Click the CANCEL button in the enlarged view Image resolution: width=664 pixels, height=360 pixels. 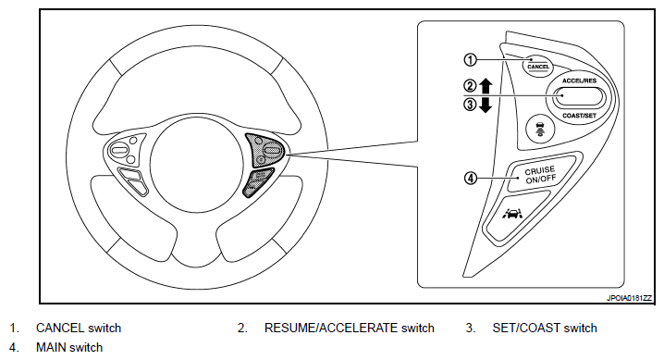pyautogui.click(x=538, y=67)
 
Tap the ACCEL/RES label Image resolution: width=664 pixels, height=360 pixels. pyautogui.click(x=579, y=81)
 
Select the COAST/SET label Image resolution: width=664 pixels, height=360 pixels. pyautogui.click(x=579, y=115)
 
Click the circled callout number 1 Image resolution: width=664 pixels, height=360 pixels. pyautogui.click(x=470, y=60)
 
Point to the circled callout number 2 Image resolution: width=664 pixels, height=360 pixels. pyautogui.click(x=470, y=86)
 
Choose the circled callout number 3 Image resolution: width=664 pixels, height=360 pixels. pyautogui.click(x=470, y=105)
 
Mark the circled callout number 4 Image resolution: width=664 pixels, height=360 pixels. pyautogui.click(x=471, y=178)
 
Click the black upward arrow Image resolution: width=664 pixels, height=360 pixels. pyautogui.click(x=486, y=86)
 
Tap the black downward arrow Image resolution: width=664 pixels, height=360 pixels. pyautogui.click(x=486, y=105)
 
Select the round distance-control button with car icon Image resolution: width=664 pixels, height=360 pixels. pyautogui.click(x=539, y=129)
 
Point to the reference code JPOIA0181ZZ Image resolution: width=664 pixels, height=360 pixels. pyautogui.click(x=629, y=298)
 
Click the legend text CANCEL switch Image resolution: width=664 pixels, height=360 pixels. pyautogui.click(x=79, y=328)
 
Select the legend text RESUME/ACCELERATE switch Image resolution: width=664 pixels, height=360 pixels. pyautogui.click(x=350, y=328)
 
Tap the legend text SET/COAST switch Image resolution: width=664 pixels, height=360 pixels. pyautogui.click(x=545, y=328)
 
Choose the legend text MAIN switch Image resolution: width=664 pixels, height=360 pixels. pyautogui.click(x=69, y=347)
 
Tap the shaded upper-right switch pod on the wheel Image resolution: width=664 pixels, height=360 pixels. pyautogui.click(x=265, y=150)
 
